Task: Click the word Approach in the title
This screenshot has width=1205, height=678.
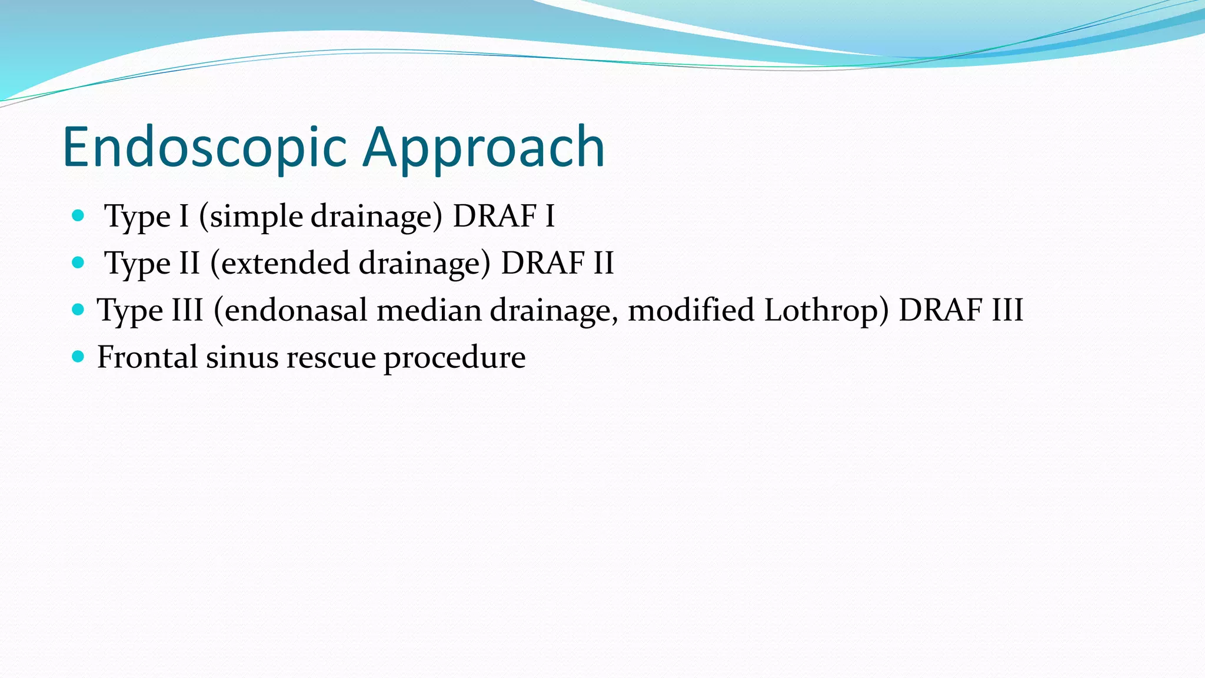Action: tap(484, 147)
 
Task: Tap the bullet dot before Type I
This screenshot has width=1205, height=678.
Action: tap(78, 215)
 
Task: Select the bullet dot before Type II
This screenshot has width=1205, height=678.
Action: tap(78, 262)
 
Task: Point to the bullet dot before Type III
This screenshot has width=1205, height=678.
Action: tap(78, 309)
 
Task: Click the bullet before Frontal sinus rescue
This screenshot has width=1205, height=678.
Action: tap(78, 356)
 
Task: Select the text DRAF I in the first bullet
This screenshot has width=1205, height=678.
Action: tap(503, 216)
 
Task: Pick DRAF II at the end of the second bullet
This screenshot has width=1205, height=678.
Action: tap(557, 263)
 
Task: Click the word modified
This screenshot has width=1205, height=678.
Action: tap(691, 310)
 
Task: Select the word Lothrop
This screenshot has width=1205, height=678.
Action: tap(826, 310)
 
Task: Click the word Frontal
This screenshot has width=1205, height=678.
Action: tap(147, 357)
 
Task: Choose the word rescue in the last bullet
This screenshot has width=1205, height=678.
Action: tap(331, 357)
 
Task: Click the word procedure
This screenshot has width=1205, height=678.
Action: tap(455, 357)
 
